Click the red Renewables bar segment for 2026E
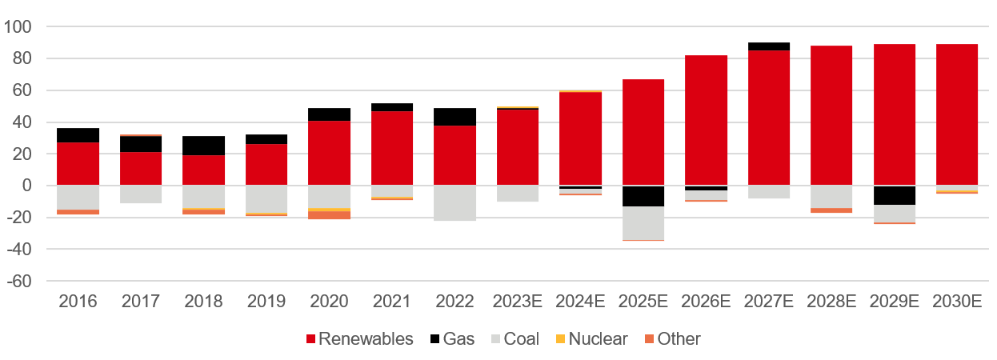click(706, 120)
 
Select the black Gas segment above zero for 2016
click(78, 135)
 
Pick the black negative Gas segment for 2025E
click(643, 196)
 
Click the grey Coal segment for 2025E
click(643, 223)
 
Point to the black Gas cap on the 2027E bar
click(769, 46)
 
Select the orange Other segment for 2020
click(329, 215)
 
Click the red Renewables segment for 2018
click(203, 170)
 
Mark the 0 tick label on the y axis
click(26, 186)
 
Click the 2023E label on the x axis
click(518, 302)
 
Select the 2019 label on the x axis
click(266, 302)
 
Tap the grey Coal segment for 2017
click(141, 194)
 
